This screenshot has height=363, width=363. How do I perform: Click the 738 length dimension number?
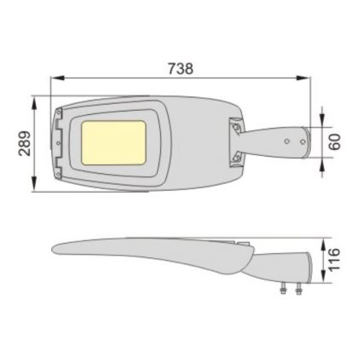click(181, 69)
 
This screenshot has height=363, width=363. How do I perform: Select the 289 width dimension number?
click(25, 143)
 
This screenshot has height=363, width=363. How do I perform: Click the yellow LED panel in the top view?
click(113, 142)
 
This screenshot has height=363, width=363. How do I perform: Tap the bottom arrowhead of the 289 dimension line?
click(36, 185)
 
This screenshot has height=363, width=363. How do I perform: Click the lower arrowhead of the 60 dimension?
click(322, 163)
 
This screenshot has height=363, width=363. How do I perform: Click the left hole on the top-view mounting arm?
click(286, 141)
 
